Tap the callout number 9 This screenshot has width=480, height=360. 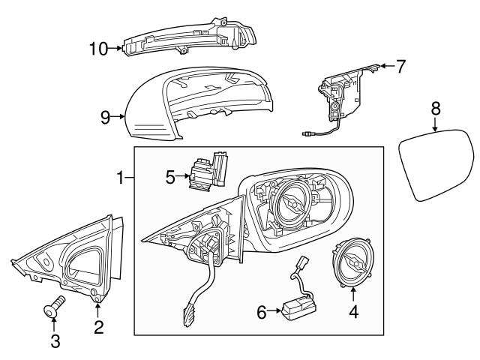[x=106, y=116]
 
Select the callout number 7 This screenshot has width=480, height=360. [x=400, y=67]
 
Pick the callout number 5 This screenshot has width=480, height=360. [x=170, y=178]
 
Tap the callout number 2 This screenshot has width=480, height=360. [x=98, y=326]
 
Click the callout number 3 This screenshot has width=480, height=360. [x=55, y=342]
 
